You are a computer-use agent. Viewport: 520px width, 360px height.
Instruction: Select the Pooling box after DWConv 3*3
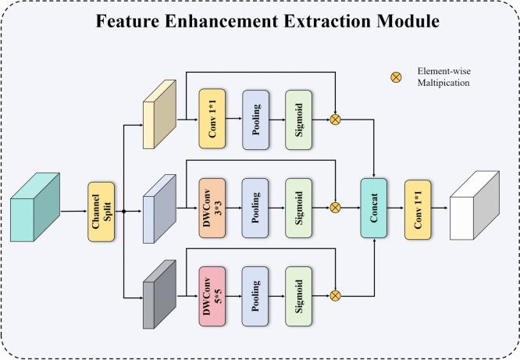(x=255, y=208)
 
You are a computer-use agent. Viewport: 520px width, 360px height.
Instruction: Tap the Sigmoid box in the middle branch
(x=299, y=208)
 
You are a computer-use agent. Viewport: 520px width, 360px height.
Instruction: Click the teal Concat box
(x=374, y=208)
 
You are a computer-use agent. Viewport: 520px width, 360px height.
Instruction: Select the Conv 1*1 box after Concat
(x=418, y=208)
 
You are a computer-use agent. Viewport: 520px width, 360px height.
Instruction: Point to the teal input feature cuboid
(x=35, y=205)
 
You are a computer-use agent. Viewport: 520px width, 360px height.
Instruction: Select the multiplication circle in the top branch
(x=337, y=120)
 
